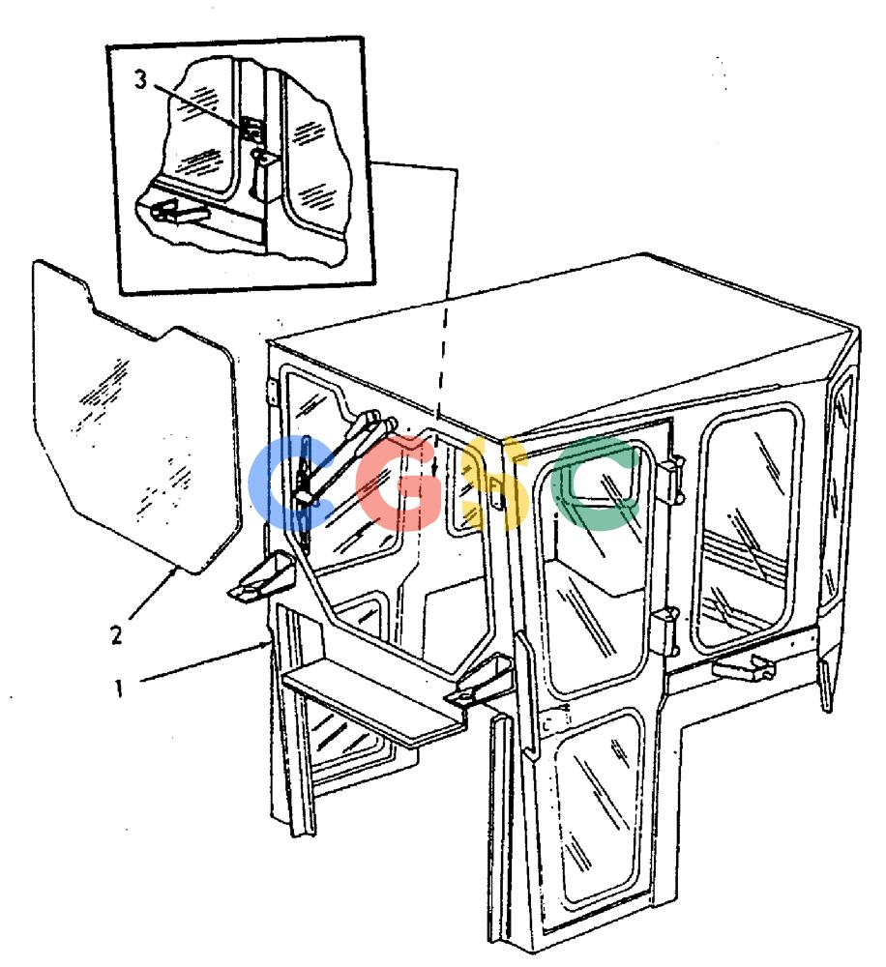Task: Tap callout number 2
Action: pyautogui.click(x=117, y=634)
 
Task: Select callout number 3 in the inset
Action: pyautogui.click(x=141, y=79)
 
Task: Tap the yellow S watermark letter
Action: pyautogui.click(x=495, y=483)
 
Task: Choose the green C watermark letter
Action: pyautogui.click(x=596, y=483)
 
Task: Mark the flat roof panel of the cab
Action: pyautogui.click(x=555, y=345)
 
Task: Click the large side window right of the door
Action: pyautogui.click(x=748, y=530)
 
